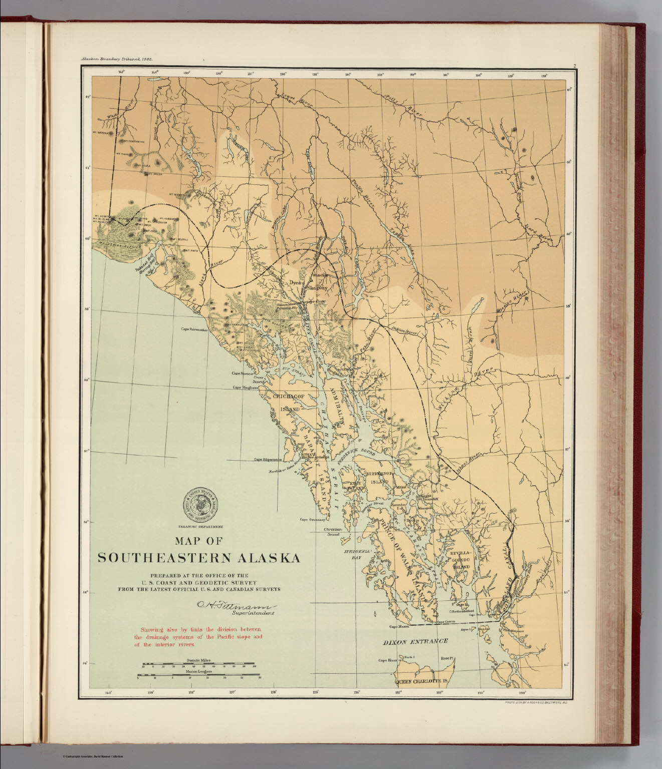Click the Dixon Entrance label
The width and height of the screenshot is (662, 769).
[x=415, y=641]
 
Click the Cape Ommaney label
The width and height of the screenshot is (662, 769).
[x=313, y=520]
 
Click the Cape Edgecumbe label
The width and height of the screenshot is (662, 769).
[x=268, y=459]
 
